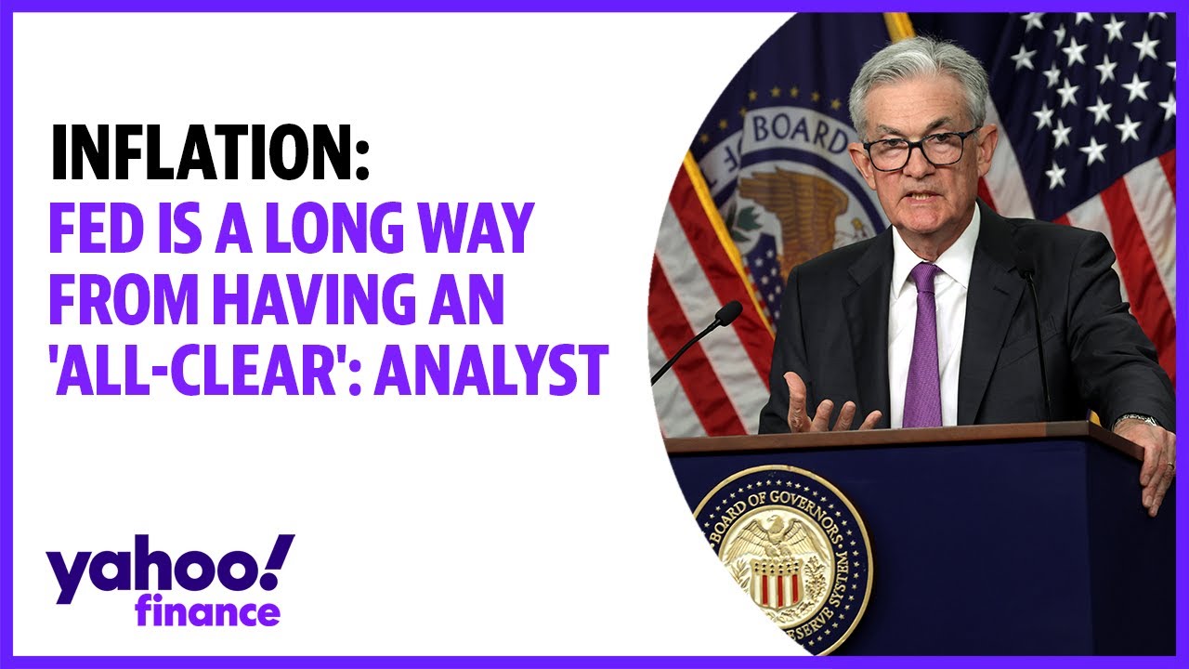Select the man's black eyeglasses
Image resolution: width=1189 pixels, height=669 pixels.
[920, 149]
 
